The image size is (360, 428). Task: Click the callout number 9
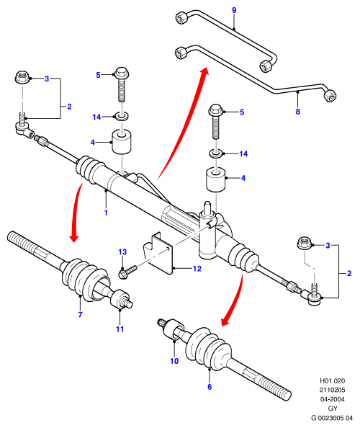pyautogui.click(x=234, y=10)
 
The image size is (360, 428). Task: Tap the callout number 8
pyautogui.click(x=298, y=112)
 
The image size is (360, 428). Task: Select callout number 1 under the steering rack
pyautogui.click(x=106, y=213)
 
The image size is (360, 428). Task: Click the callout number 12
pyautogui.click(x=197, y=269)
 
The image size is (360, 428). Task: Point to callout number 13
pyautogui.click(x=122, y=252)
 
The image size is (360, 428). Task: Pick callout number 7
pyautogui.click(x=80, y=315)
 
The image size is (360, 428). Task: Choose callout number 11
pyautogui.click(x=120, y=329)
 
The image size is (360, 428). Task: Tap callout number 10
pyautogui.click(x=174, y=361)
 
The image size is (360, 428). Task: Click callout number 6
pyautogui.click(x=210, y=387)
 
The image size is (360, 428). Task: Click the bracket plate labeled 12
pyautogui.click(x=159, y=252)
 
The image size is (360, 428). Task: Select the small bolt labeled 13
pyautogui.click(x=127, y=272)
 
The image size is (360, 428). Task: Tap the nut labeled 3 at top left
pyautogui.click(x=21, y=77)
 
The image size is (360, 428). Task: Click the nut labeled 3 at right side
pyautogui.click(x=304, y=243)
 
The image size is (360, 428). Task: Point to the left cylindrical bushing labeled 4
pyautogui.click(x=122, y=142)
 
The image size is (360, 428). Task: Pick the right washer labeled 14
pyautogui.click(x=216, y=153)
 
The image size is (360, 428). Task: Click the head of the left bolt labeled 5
pyautogui.click(x=122, y=72)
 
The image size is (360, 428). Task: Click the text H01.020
pyautogui.click(x=332, y=380)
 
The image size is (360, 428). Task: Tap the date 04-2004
pyautogui.click(x=332, y=399)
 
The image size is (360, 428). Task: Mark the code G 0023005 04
pyautogui.click(x=332, y=418)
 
